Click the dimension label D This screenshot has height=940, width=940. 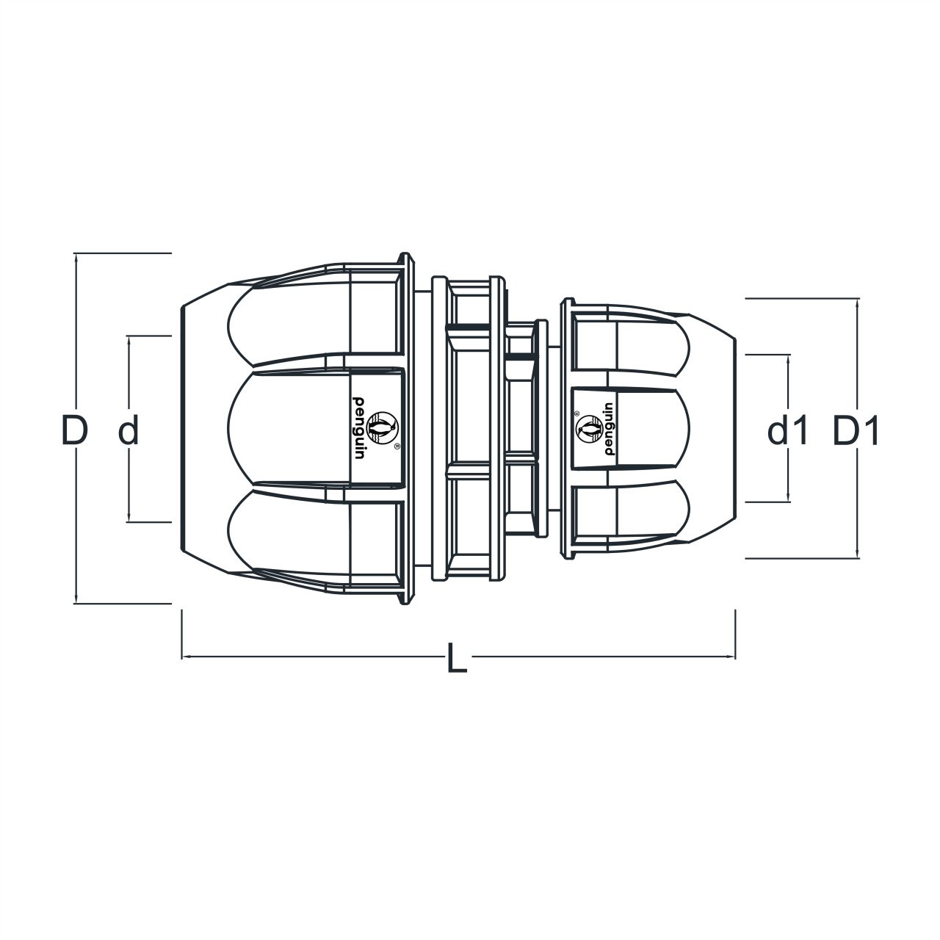click(x=75, y=430)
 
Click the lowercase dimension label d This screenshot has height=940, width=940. click(x=129, y=430)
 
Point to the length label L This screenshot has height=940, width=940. click(x=457, y=658)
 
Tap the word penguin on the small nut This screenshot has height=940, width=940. click(x=608, y=430)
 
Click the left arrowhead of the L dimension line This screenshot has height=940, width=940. click(x=185, y=656)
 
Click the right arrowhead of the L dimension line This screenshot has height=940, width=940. click(x=731, y=656)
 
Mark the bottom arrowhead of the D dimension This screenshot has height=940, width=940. click(x=75, y=599)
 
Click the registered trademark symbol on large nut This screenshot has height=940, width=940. click(x=397, y=446)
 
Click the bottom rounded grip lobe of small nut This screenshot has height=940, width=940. click(x=632, y=514)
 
